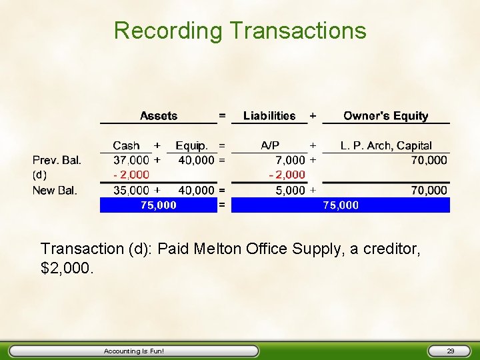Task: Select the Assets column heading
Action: [x=159, y=116]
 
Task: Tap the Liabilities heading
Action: [x=269, y=116]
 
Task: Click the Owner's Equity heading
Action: [x=385, y=116]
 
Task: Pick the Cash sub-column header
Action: [x=126, y=145]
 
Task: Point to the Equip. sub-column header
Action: [x=192, y=145]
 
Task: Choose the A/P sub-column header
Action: [x=270, y=145]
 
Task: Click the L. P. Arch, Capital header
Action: [x=386, y=145]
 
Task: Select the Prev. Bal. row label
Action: [x=57, y=160]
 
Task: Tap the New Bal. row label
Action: [x=55, y=191]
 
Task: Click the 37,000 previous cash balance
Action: [x=131, y=160]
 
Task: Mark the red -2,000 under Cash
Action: [x=131, y=175]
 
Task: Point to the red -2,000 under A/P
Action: [x=287, y=175]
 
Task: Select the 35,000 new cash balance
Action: [x=131, y=191]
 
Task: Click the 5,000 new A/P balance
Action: [x=291, y=191]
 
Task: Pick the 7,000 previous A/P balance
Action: [x=291, y=160]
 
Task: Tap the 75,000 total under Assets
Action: [x=159, y=205]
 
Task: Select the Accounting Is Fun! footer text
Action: [x=134, y=351]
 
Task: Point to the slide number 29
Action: [x=450, y=351]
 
